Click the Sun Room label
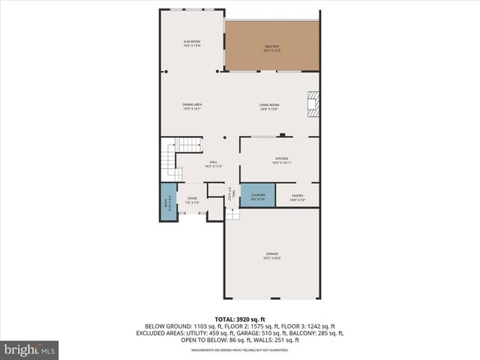(193, 40)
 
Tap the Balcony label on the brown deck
(272, 47)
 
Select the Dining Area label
(193, 104)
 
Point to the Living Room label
(269, 104)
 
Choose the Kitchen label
(281, 158)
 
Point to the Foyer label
(192, 198)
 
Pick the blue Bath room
(168, 201)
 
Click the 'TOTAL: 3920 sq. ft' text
(240, 319)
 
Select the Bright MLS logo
(30, 349)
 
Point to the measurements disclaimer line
(240, 350)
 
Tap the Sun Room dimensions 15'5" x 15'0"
(193, 46)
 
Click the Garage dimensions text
(271, 258)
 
